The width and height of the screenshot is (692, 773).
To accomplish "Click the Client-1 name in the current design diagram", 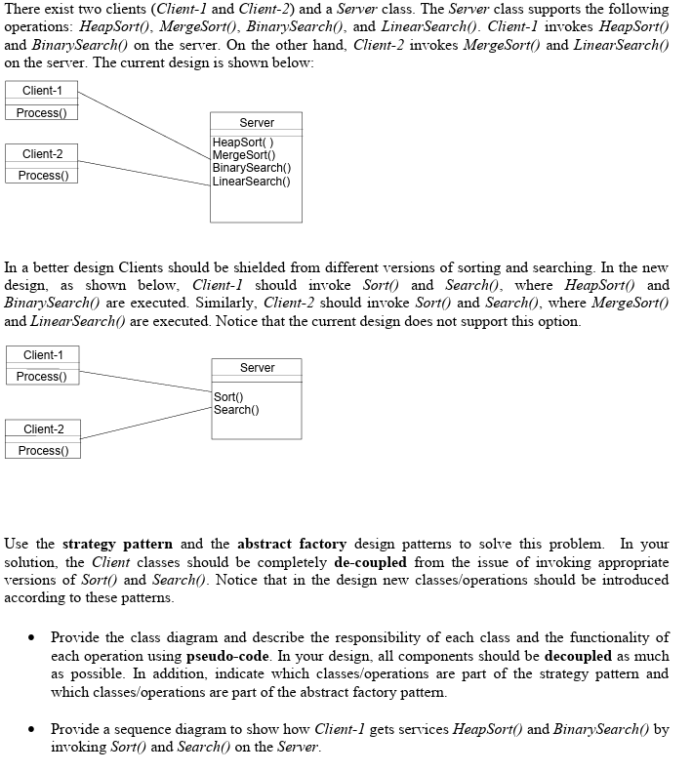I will click(42, 91).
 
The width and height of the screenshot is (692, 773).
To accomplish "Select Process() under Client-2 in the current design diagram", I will click(42, 176).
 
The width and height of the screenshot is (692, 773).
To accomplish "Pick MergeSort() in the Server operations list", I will click(244, 155).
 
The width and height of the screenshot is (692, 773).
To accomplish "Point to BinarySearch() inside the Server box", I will click(251, 168).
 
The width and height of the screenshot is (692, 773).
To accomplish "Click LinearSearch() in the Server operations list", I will click(251, 181).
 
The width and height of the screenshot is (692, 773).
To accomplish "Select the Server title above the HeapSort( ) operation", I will click(257, 123).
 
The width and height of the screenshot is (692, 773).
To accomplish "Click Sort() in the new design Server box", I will click(228, 397).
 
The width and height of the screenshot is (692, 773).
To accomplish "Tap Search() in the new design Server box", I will click(234, 410).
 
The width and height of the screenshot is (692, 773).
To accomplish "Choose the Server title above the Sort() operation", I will click(257, 368).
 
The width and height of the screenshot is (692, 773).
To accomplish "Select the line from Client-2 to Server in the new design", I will click(146, 417).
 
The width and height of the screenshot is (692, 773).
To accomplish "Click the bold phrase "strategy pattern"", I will click(117, 544).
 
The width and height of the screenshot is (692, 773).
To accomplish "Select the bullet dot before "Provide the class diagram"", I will click(33, 637).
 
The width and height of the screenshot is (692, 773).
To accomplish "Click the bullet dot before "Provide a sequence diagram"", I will click(33, 729).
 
